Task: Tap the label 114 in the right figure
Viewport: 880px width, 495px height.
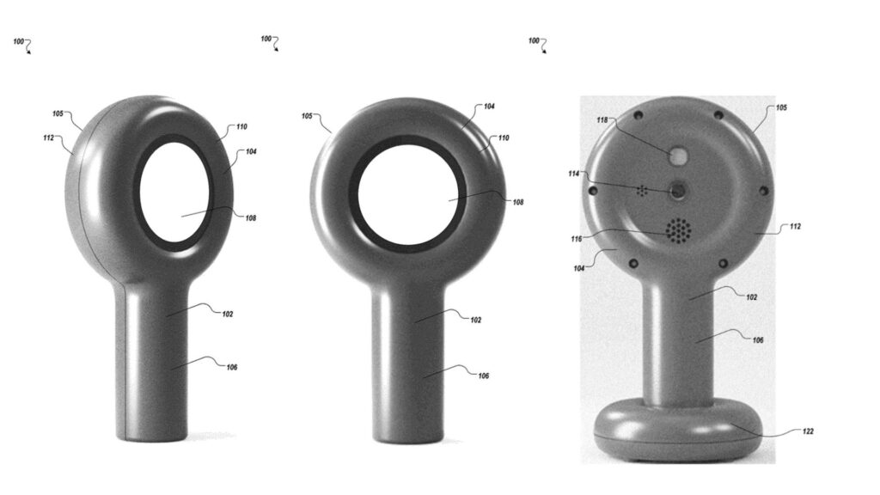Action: [573, 174]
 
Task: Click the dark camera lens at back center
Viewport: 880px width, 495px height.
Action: [679, 191]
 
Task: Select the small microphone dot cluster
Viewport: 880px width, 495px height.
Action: [642, 191]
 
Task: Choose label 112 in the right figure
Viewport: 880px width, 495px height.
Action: [795, 227]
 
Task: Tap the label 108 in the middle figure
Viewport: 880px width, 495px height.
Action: [517, 203]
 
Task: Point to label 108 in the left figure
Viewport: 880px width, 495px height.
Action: [250, 217]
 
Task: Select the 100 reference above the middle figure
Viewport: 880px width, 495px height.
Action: [266, 39]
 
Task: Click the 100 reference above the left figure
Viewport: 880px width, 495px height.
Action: [19, 41]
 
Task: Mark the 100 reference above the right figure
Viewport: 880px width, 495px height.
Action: [534, 40]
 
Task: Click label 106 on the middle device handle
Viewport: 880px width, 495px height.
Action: [483, 376]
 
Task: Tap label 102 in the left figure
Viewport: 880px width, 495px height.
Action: [227, 314]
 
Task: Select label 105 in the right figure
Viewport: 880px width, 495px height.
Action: [781, 108]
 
